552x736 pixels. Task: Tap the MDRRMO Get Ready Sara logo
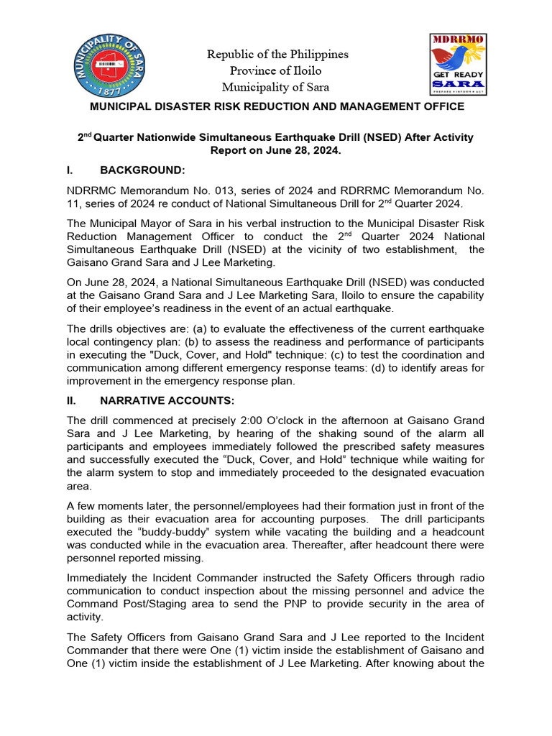click(457, 64)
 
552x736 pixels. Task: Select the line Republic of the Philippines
click(277, 55)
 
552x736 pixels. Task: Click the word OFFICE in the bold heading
click(441, 106)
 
